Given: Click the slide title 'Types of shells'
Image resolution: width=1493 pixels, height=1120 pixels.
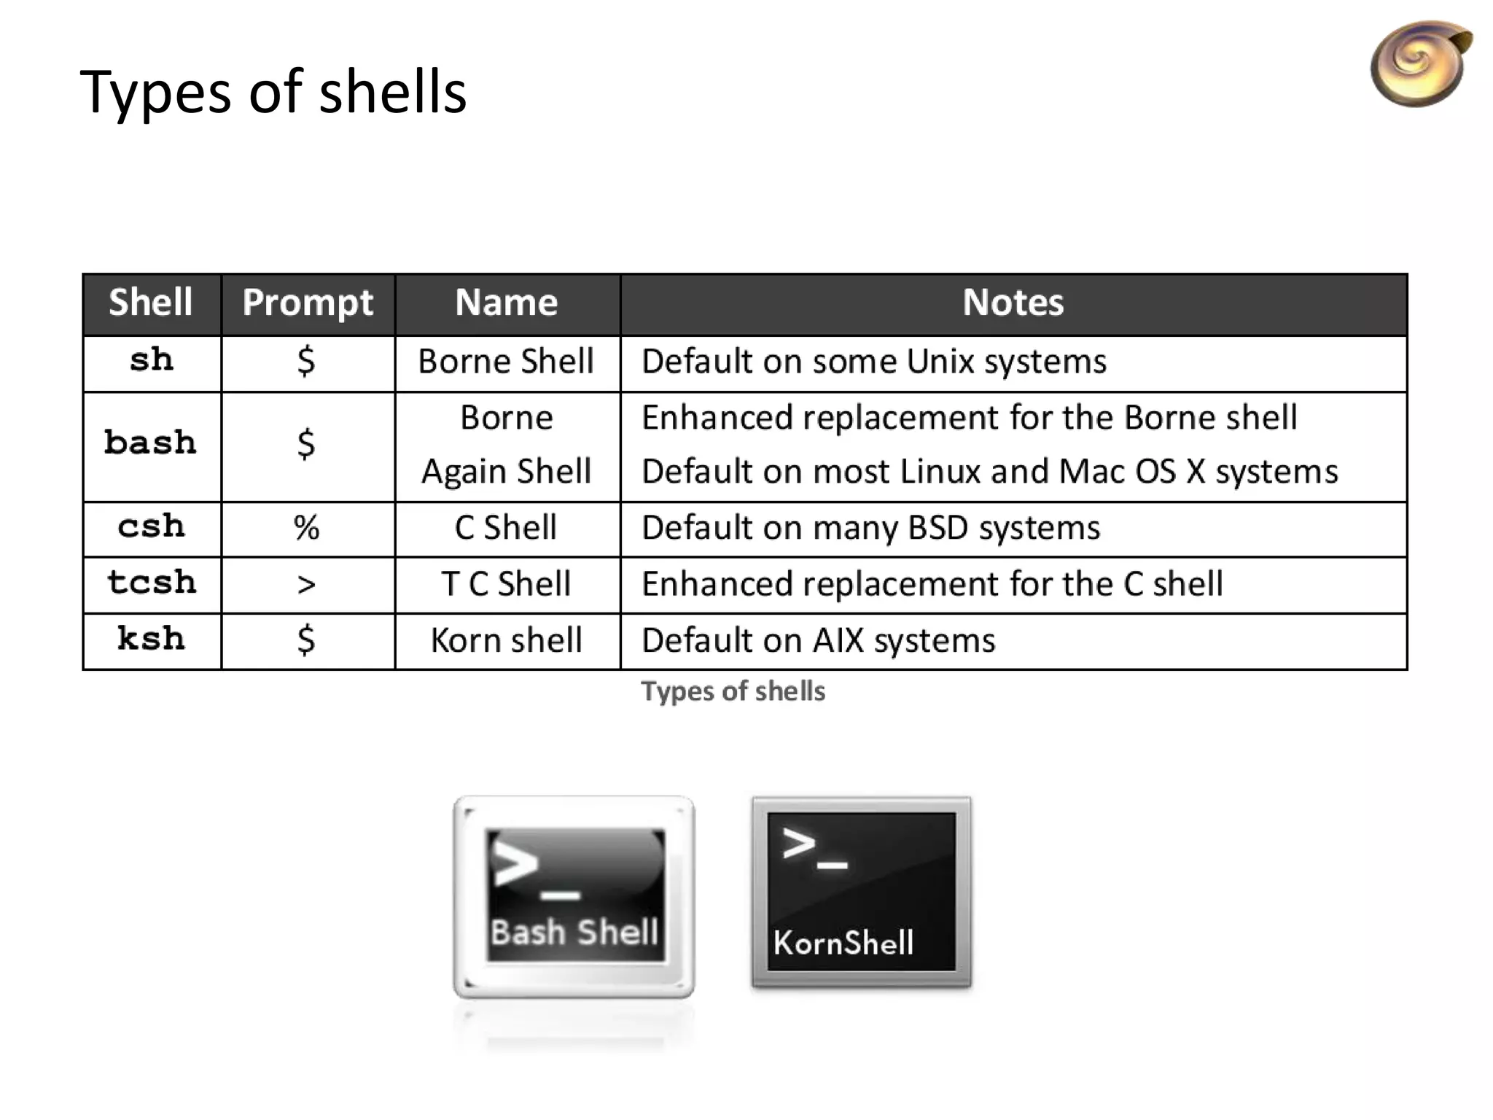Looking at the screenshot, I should (273, 93).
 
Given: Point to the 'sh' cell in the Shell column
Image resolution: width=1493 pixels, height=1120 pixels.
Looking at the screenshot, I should (152, 361).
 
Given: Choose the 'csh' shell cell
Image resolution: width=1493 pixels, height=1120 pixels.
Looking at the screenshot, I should (152, 527).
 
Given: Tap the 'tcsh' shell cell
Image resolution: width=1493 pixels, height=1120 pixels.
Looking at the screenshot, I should (152, 583).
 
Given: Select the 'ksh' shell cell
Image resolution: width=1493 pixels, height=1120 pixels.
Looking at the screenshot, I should (152, 639).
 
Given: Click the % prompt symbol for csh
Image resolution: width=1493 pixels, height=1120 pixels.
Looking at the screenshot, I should (307, 527).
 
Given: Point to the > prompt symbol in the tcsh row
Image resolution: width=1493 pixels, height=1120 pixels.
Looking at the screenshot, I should (307, 584).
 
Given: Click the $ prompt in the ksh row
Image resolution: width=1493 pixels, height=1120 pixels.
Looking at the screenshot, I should (306, 639).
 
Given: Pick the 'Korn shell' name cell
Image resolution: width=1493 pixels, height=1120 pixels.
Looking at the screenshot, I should (507, 640).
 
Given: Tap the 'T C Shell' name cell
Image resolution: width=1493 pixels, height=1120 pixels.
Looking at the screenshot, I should (507, 584).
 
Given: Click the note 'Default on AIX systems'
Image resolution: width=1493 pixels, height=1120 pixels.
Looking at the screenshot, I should (818, 640).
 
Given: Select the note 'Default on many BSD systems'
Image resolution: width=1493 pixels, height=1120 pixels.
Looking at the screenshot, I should (870, 527).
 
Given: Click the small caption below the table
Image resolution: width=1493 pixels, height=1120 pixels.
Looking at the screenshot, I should (733, 691).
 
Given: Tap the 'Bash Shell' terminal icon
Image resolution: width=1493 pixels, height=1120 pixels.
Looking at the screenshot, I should (574, 897).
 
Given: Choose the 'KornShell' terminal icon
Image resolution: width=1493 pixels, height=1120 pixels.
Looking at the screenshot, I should (861, 892).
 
